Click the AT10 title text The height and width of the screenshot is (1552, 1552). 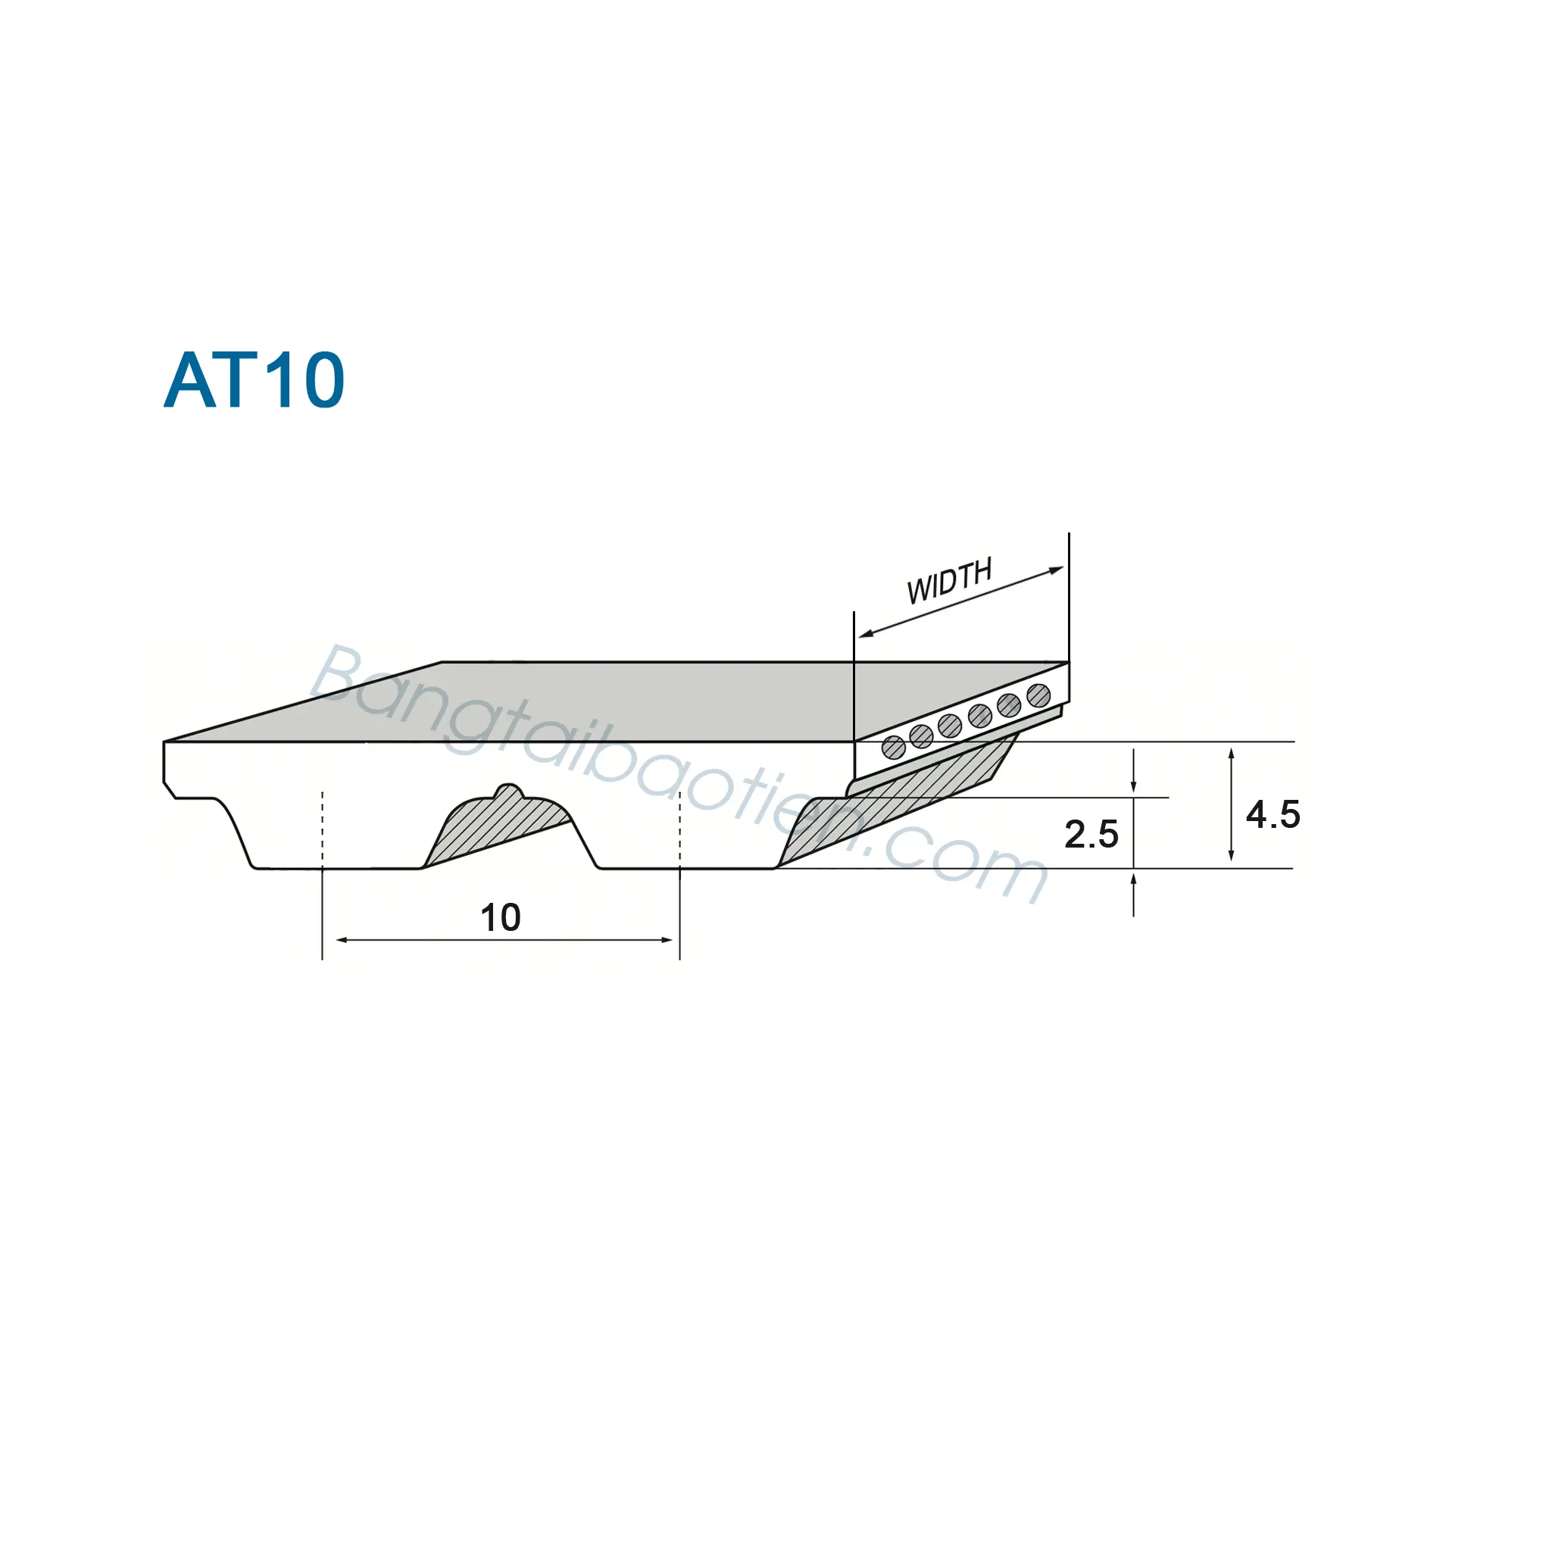[x=254, y=380]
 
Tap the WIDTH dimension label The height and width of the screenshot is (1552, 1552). [x=950, y=580]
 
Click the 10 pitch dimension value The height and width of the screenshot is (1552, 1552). [x=501, y=917]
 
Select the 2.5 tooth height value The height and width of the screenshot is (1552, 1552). [x=1091, y=834]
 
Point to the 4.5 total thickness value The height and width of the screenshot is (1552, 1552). [x=1273, y=814]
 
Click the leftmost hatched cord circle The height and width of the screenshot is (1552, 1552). [x=893, y=748]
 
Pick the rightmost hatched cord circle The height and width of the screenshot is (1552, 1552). [x=1038, y=695]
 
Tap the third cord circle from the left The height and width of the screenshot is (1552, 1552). [x=950, y=726]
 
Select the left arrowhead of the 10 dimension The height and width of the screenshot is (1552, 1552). [x=341, y=940]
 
